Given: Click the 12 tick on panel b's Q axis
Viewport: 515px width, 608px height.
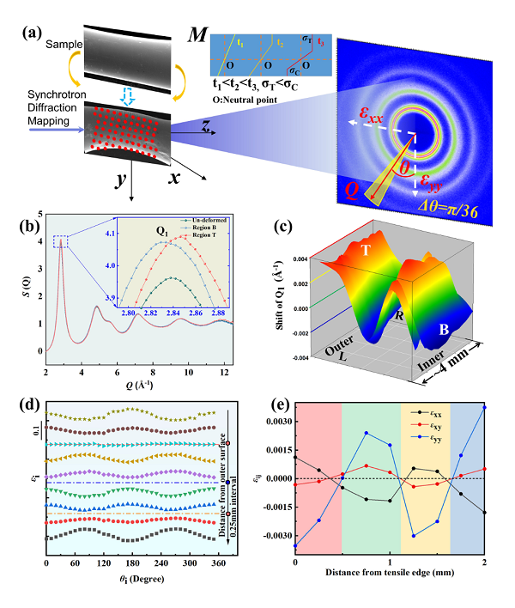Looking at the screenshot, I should click(226, 364).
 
